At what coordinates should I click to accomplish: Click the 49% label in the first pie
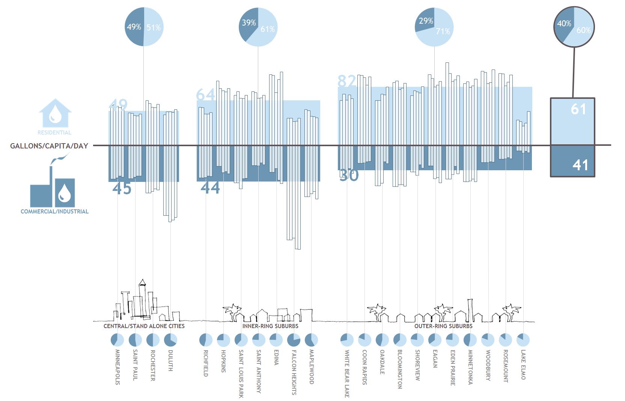point(134,27)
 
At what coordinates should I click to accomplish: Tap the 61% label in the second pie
point(268,29)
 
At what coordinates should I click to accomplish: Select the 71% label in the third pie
point(443,31)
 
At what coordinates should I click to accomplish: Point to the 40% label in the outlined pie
point(564,24)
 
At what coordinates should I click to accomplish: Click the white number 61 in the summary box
point(578,109)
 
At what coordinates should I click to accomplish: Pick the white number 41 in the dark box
point(580,165)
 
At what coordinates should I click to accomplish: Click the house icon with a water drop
point(55,113)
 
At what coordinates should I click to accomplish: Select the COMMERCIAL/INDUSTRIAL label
point(54,212)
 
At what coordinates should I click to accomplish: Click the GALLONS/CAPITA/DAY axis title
point(49,146)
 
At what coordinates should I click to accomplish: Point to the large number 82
point(346,81)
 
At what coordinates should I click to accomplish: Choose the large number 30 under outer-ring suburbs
point(349,175)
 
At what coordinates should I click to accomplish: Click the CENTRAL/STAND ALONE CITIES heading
point(144,326)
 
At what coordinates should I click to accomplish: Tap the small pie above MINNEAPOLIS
point(117,340)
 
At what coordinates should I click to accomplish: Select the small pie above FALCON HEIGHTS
point(294,340)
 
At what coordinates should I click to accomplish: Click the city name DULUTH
point(170,361)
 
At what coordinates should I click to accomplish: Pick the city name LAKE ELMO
point(523,365)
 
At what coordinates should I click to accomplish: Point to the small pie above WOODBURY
point(488,340)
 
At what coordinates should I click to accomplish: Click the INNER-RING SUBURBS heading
point(270,326)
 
